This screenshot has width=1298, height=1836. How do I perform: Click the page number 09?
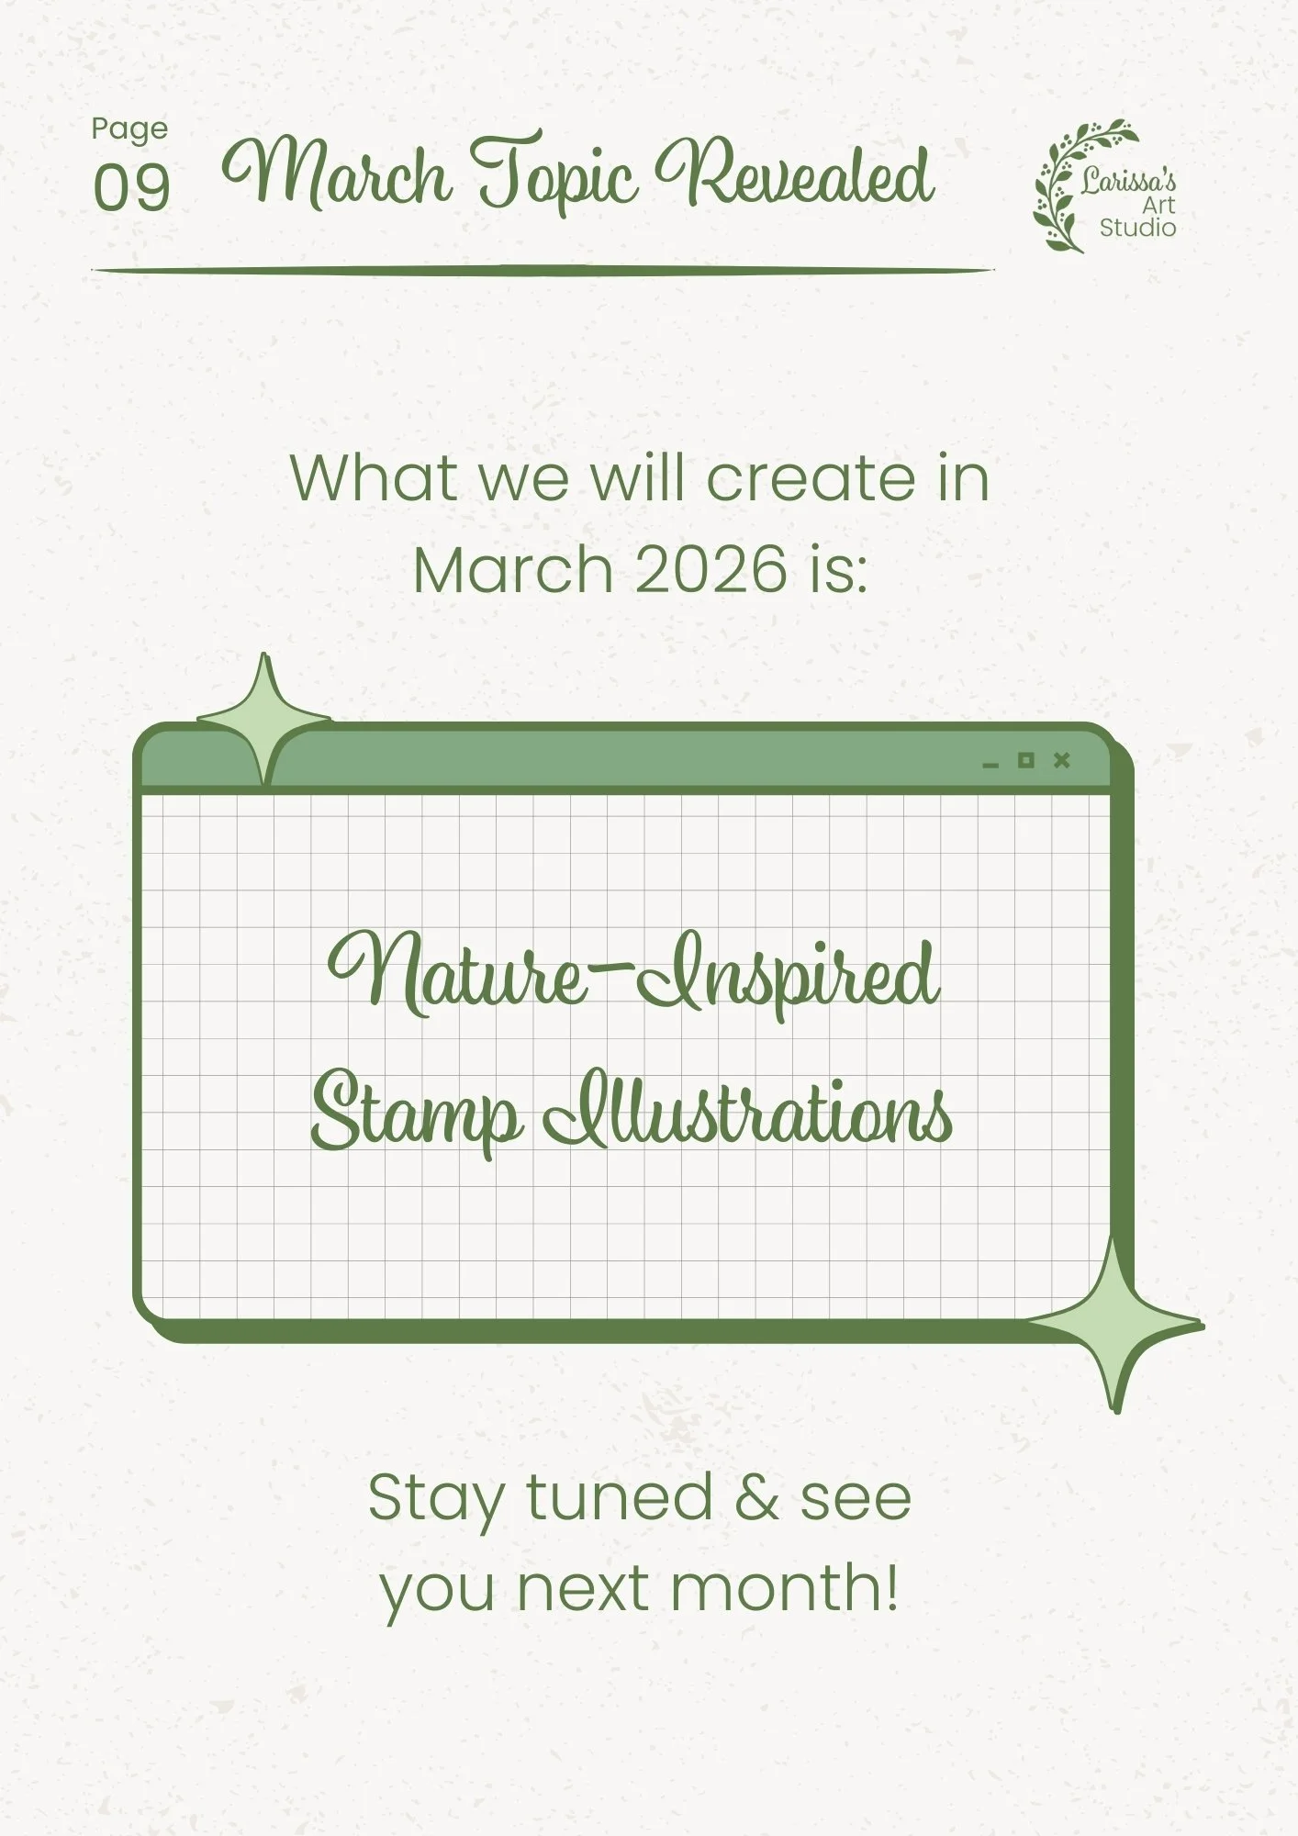click(131, 188)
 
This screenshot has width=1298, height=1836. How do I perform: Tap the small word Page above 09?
click(129, 130)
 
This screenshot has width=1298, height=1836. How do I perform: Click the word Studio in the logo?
click(1137, 228)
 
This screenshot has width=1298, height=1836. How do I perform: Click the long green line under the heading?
click(542, 271)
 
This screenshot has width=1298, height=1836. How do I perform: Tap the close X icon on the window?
click(1062, 760)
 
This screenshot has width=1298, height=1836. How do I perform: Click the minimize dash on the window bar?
click(990, 765)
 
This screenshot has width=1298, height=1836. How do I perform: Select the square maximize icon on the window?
click(1025, 760)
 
